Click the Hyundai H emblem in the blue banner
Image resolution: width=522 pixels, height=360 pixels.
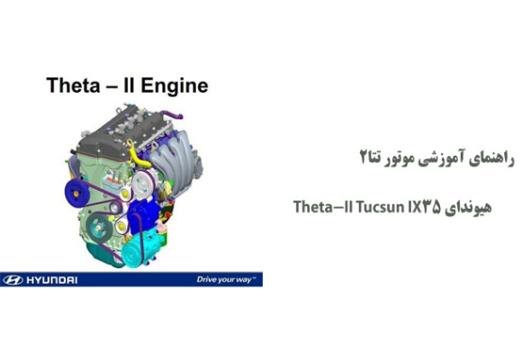click(x=12, y=279)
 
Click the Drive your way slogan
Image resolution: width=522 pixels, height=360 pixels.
click(x=225, y=279)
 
